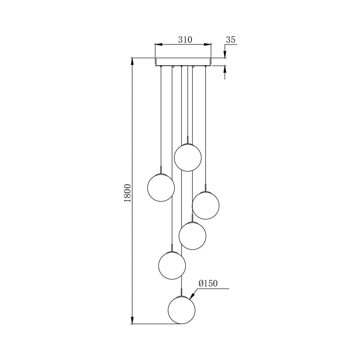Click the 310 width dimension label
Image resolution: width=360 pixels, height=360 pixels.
[x=185, y=40]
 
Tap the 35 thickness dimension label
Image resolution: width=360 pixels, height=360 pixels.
[x=230, y=40]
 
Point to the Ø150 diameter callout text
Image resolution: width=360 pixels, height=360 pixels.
[x=208, y=284]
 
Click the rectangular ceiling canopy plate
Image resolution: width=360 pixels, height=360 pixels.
[x=183, y=62]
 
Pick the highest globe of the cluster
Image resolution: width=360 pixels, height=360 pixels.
[x=188, y=157]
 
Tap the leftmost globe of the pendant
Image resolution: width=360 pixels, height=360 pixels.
[x=161, y=188]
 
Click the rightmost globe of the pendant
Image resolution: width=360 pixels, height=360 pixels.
[x=206, y=205]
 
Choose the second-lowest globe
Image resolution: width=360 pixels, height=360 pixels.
[x=172, y=265]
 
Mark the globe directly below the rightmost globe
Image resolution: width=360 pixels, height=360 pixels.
[x=193, y=236]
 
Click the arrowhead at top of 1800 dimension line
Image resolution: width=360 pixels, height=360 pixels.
[x=132, y=61]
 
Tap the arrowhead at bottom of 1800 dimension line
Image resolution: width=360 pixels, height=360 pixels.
[x=132, y=320]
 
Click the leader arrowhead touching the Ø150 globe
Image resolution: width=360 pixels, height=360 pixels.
[x=191, y=298]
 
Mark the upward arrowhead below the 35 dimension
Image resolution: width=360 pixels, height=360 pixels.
[x=225, y=69]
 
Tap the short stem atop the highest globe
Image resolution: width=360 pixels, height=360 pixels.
[x=188, y=140]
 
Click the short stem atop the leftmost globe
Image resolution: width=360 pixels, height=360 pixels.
[x=161, y=170]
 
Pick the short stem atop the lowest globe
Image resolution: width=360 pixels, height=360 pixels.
[x=182, y=292]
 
